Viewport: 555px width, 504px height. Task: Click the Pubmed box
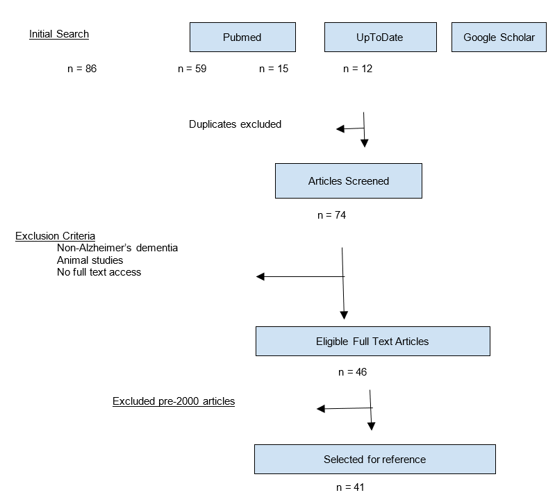click(242, 37)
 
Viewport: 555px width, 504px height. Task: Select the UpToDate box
click(381, 37)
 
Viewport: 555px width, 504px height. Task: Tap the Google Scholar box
click(499, 37)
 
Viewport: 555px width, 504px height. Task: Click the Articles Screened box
click(349, 180)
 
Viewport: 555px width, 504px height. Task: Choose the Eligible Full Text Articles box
click(373, 341)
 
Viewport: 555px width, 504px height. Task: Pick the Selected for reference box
click(375, 459)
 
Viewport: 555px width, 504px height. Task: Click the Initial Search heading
click(59, 34)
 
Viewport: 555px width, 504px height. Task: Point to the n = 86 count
click(82, 69)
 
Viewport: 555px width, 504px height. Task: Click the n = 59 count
click(192, 69)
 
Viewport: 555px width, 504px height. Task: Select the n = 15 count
click(274, 69)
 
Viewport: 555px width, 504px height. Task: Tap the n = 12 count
click(358, 69)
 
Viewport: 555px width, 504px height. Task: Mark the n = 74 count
click(331, 215)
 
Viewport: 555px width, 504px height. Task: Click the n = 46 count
click(353, 372)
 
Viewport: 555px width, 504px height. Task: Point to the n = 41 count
click(350, 487)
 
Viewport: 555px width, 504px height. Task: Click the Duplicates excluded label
click(235, 124)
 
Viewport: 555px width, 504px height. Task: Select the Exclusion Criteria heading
click(55, 236)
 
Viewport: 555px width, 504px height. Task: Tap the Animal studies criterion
click(90, 260)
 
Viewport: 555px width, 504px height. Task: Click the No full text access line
click(99, 272)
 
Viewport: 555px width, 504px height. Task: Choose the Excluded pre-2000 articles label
click(174, 401)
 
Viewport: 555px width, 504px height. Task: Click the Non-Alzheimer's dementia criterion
click(117, 248)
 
